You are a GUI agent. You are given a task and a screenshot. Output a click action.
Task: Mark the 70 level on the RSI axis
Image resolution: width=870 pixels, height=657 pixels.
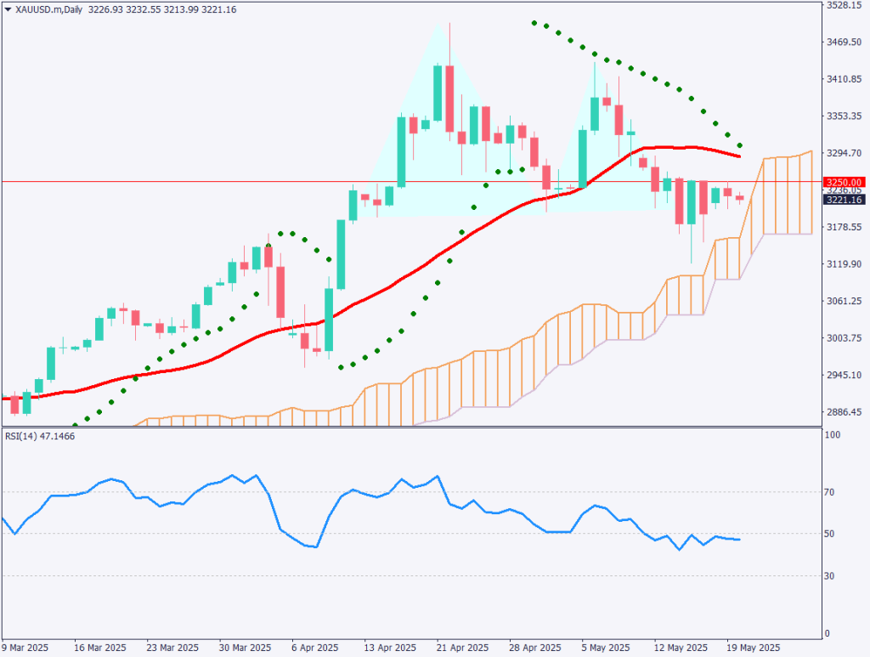(833, 492)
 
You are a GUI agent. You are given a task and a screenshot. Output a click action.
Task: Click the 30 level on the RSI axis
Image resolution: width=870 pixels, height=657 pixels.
(833, 576)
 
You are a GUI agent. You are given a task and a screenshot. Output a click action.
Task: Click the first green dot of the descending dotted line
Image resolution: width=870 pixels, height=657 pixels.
(534, 23)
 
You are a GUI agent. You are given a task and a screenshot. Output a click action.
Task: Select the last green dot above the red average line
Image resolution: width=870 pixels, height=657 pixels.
(740, 146)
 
